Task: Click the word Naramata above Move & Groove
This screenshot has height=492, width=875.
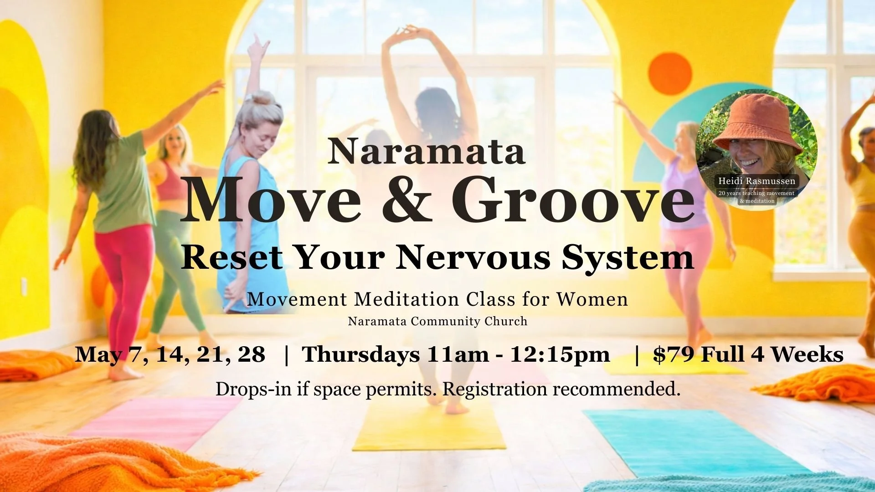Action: [426, 151]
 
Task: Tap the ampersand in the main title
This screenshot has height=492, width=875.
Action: [407, 200]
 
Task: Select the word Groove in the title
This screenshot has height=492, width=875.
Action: [573, 200]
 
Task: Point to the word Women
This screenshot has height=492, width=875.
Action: [592, 299]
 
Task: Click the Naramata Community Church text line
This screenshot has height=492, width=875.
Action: [437, 322]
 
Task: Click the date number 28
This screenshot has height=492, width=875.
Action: [251, 354]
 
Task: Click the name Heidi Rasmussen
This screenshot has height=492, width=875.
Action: [757, 181]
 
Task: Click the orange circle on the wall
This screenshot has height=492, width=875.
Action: [669, 74]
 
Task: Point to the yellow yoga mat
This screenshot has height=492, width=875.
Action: [428, 428]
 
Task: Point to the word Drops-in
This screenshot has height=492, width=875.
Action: [253, 389]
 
